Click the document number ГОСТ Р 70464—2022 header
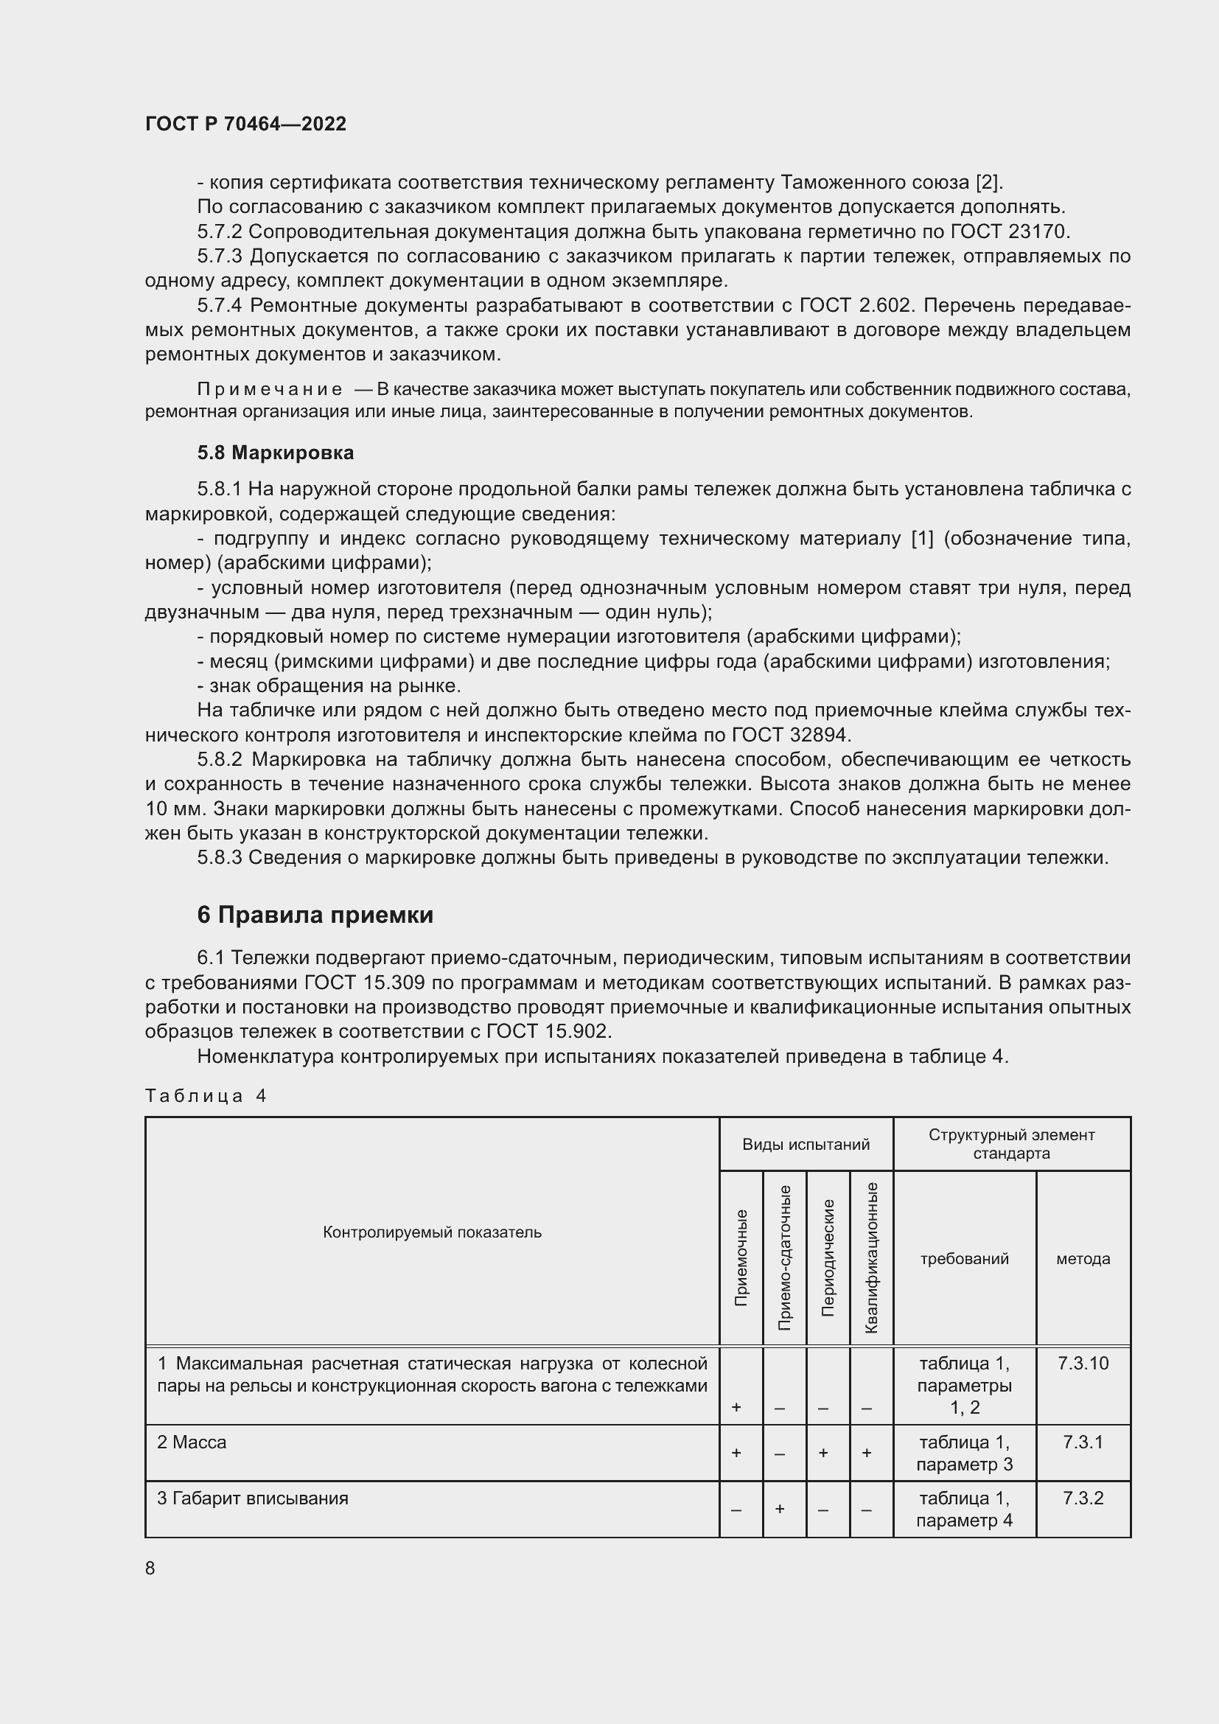[245, 124]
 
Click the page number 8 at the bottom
[150, 1568]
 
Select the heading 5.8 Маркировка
[276, 453]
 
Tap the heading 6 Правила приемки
[315, 915]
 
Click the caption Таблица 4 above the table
[206, 1095]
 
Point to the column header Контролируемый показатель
[432, 1232]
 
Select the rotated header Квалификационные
[871, 1257]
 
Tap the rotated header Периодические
[828, 1258]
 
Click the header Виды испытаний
[806, 1145]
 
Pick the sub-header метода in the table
[1083, 1258]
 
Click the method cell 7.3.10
[1083, 1363]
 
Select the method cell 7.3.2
[1083, 1498]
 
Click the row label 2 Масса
[192, 1442]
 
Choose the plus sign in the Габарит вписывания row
[779, 1509]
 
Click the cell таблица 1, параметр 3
[964, 1453]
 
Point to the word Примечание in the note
[270, 389]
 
